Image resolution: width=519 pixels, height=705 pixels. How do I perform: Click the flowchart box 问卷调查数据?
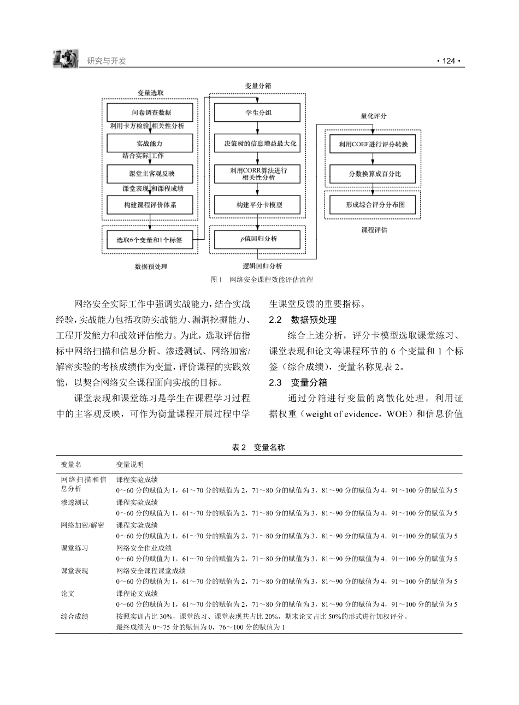click(150, 113)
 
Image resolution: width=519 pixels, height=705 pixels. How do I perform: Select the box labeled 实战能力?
click(150, 144)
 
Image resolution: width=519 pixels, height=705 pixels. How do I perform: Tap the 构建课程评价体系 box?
click(150, 205)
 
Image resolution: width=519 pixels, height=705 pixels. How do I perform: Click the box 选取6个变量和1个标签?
click(150, 239)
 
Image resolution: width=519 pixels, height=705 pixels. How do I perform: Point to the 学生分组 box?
click(257, 113)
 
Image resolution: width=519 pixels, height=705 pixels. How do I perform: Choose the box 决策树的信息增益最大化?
click(257, 144)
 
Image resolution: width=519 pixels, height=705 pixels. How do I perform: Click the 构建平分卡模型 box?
click(257, 205)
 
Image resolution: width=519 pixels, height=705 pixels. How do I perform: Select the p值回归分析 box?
click(257, 239)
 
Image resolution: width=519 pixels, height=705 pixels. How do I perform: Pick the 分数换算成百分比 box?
click(373, 175)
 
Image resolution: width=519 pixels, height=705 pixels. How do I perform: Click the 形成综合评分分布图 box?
click(373, 205)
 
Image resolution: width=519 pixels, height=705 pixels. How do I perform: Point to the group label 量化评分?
click(373, 116)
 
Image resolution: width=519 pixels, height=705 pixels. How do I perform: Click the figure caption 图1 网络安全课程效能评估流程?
click(262, 280)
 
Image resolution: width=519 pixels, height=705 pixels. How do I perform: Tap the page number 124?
click(449, 61)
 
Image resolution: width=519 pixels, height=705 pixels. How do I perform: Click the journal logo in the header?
click(66, 58)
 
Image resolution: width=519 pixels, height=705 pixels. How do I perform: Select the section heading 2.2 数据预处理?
click(303, 320)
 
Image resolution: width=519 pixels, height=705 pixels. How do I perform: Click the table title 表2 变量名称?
click(258, 447)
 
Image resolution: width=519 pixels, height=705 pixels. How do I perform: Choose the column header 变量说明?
click(130, 465)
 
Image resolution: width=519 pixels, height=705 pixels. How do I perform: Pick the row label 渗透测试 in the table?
click(75, 502)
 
